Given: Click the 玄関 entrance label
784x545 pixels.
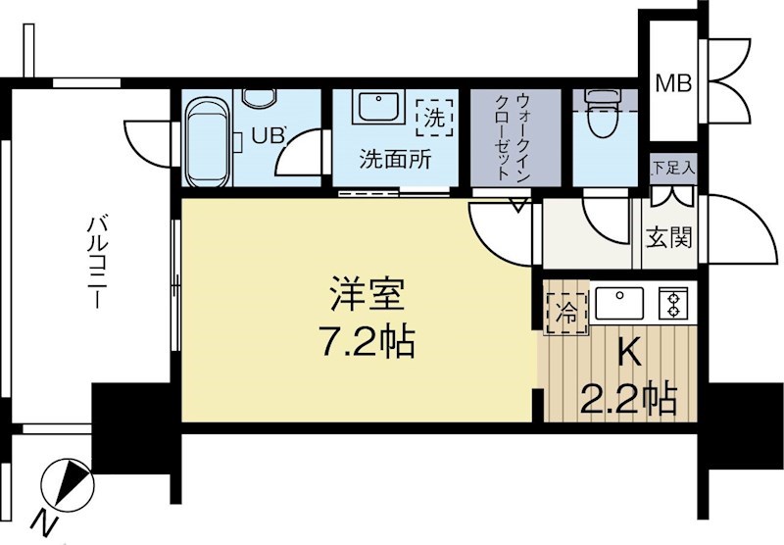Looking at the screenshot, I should coord(670,236).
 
